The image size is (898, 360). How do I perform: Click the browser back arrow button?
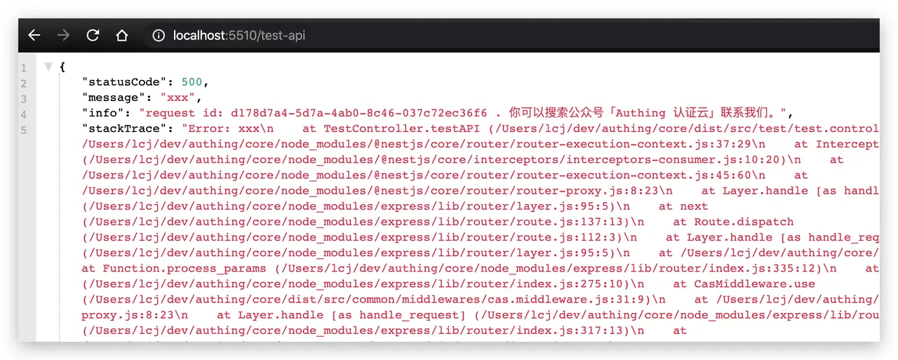click(34, 35)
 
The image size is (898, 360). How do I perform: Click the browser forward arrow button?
click(64, 35)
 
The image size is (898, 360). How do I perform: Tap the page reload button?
click(93, 35)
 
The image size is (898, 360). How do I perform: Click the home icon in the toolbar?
click(122, 35)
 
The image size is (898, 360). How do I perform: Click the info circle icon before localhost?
click(159, 35)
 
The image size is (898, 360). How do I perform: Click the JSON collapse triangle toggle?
click(48, 67)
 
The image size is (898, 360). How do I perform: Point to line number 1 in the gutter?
click(24, 68)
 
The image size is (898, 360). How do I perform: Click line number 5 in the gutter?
click(24, 130)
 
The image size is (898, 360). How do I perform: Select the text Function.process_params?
click(184, 268)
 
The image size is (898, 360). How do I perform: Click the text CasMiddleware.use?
click(754, 284)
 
